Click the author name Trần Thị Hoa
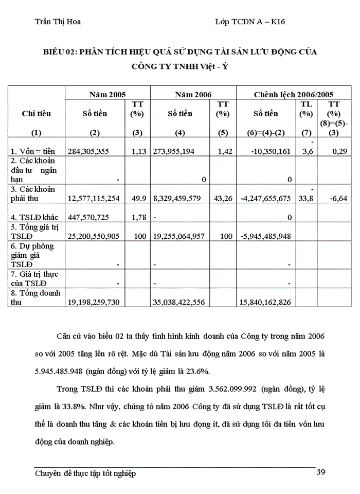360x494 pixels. pos(57,22)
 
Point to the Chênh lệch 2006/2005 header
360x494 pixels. pos(294,94)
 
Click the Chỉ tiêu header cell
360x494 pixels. pos(37,114)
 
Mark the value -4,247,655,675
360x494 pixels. pos(266,198)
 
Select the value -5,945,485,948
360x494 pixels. pos(266,236)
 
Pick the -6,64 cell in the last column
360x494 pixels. pos(336,198)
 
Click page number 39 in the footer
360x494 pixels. pos(321,472)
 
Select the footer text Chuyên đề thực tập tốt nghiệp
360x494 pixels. pos(85,473)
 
